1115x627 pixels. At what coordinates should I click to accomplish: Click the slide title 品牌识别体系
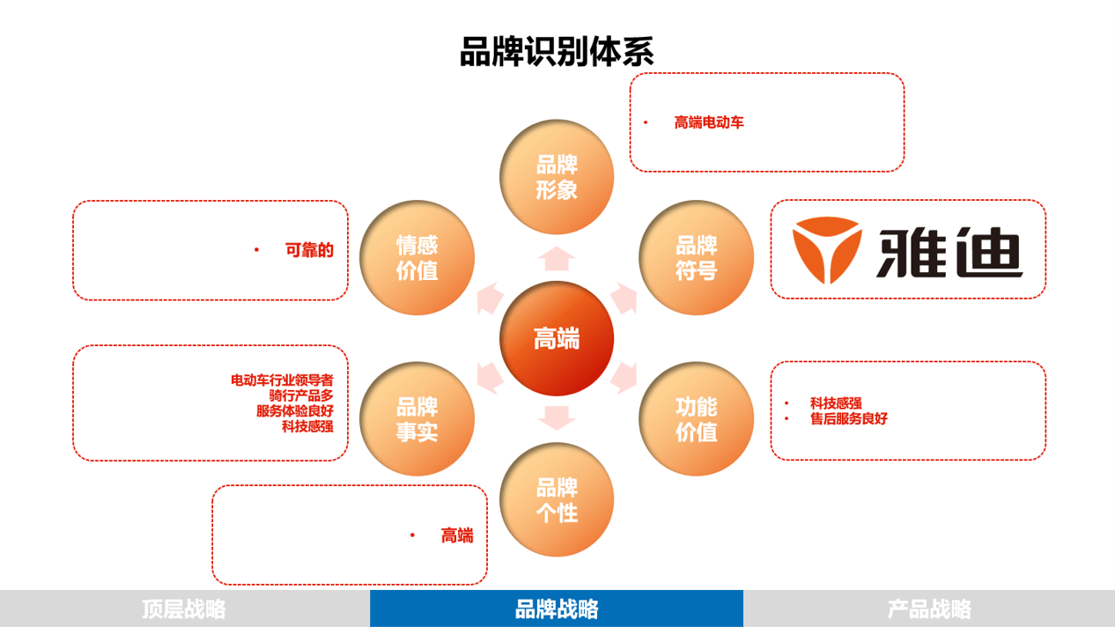pos(557,51)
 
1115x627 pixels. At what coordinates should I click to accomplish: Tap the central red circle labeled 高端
pos(557,338)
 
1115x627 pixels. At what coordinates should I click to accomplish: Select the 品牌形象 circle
pos(557,177)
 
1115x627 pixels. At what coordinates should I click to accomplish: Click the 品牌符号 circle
pos(696,258)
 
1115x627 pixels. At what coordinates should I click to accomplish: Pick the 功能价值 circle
pos(696,419)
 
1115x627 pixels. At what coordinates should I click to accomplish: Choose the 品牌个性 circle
pos(557,499)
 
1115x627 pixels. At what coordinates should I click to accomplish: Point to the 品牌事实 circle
pos(417,419)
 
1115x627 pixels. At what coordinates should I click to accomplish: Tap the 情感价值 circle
pos(417,258)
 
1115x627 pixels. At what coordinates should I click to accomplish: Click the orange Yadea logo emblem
pos(826,250)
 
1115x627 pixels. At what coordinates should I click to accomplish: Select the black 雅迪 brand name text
pos(949,252)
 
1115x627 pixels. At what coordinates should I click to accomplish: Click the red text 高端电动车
pos(709,122)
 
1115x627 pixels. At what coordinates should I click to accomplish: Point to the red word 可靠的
pos(309,250)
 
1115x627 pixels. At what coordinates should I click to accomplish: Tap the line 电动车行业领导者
pos(282,380)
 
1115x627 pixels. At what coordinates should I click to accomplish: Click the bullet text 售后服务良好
pos(849,419)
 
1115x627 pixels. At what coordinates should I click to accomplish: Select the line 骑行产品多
pos(301,395)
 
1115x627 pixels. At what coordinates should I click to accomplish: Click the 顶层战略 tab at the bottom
pos(184,609)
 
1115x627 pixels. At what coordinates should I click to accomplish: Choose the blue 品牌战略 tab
pos(557,609)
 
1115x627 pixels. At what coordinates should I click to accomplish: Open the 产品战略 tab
pos(929,609)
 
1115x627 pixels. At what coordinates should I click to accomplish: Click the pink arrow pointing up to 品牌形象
pos(557,259)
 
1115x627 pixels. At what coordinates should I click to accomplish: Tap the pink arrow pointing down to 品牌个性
pos(557,417)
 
